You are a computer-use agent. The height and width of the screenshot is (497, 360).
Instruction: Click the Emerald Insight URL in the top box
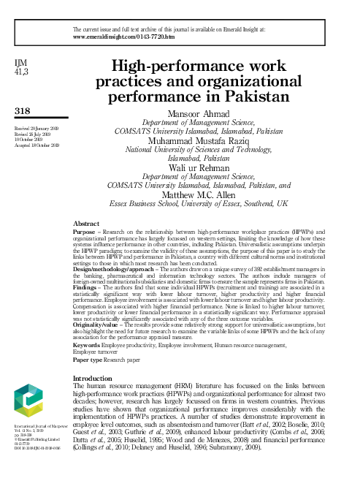tap(124, 35)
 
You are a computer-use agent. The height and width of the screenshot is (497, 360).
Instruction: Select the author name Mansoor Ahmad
tap(199, 114)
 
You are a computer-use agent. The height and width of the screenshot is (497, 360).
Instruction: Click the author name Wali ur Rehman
tap(199, 167)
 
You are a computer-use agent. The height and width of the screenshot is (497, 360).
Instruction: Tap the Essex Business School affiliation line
tap(199, 205)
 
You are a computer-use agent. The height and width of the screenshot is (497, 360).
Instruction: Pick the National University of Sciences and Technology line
tap(199, 151)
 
